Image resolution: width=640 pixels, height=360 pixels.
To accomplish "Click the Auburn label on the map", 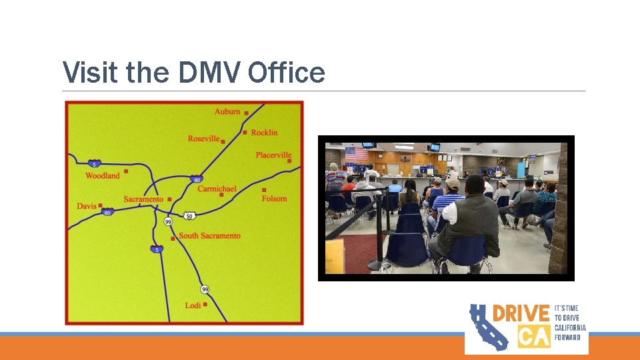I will click(x=227, y=111).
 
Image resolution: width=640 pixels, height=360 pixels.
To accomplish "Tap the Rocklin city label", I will click(x=264, y=133).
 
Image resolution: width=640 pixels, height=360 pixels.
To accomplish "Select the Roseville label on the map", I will click(x=203, y=139).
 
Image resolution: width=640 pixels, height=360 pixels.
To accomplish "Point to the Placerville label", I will click(x=273, y=155).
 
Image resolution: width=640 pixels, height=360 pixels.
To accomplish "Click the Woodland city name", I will click(x=103, y=176).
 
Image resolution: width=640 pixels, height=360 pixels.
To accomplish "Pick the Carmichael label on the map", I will click(x=217, y=189).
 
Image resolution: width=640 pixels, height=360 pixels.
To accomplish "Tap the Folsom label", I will click(x=274, y=199).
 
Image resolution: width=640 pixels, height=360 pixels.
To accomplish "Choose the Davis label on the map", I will click(x=87, y=206).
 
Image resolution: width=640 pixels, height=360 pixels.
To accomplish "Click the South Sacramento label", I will click(x=209, y=236).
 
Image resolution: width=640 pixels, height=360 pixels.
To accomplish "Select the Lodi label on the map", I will click(x=193, y=305).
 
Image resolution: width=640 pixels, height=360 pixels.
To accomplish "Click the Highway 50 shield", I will click(x=189, y=216).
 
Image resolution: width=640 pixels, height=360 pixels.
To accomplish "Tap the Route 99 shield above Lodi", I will click(x=205, y=289).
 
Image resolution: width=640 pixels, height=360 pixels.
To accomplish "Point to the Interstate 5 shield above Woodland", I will click(x=95, y=164).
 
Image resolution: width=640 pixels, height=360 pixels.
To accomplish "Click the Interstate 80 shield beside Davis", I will click(x=107, y=212).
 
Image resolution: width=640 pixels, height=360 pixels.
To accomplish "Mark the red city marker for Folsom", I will click(x=264, y=190).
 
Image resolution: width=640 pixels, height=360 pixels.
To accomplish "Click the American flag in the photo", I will click(x=355, y=154).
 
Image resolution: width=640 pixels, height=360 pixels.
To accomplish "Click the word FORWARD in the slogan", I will click(x=567, y=337).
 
